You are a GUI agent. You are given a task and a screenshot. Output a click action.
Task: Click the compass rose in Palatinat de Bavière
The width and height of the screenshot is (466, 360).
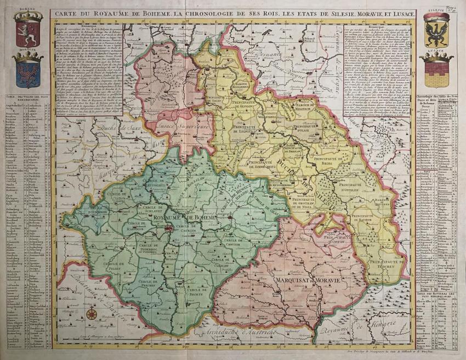point(92,314)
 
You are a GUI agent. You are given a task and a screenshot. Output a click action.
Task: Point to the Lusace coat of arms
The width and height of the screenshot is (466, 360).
point(436,69)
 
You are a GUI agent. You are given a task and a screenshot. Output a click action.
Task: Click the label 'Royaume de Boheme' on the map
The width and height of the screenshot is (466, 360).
point(186,218)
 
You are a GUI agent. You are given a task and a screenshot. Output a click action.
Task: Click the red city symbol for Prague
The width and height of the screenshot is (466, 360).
point(170,228)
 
